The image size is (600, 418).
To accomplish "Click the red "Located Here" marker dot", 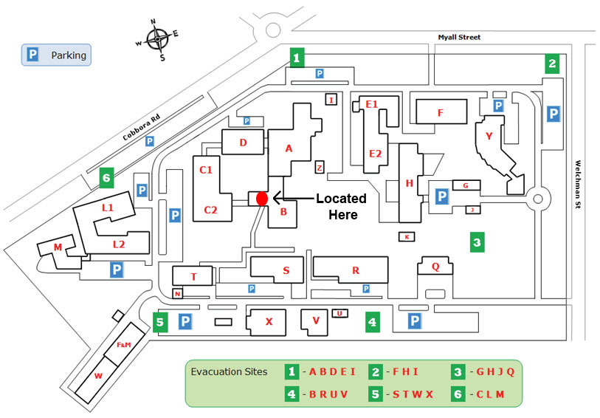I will tap(261, 198).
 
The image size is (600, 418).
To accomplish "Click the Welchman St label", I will tap(579, 185).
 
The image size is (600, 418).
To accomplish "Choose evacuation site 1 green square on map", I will tap(297, 58).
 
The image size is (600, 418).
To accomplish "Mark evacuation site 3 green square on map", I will tap(477, 241).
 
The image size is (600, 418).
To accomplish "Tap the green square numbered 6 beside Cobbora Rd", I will tap(107, 177).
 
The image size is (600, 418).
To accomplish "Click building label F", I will tap(440, 113).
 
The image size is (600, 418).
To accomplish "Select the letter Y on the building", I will tap(489, 136).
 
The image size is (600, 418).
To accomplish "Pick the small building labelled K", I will tap(406, 236).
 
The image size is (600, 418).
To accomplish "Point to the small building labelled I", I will tap(332, 100).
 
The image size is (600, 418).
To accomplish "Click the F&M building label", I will tap(123, 345).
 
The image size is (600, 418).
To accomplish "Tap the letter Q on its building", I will tap(435, 267).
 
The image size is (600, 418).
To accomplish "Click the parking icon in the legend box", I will tap(32, 55).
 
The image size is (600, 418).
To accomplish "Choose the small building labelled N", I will tap(177, 294).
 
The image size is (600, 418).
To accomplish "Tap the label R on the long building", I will tap(356, 270).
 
